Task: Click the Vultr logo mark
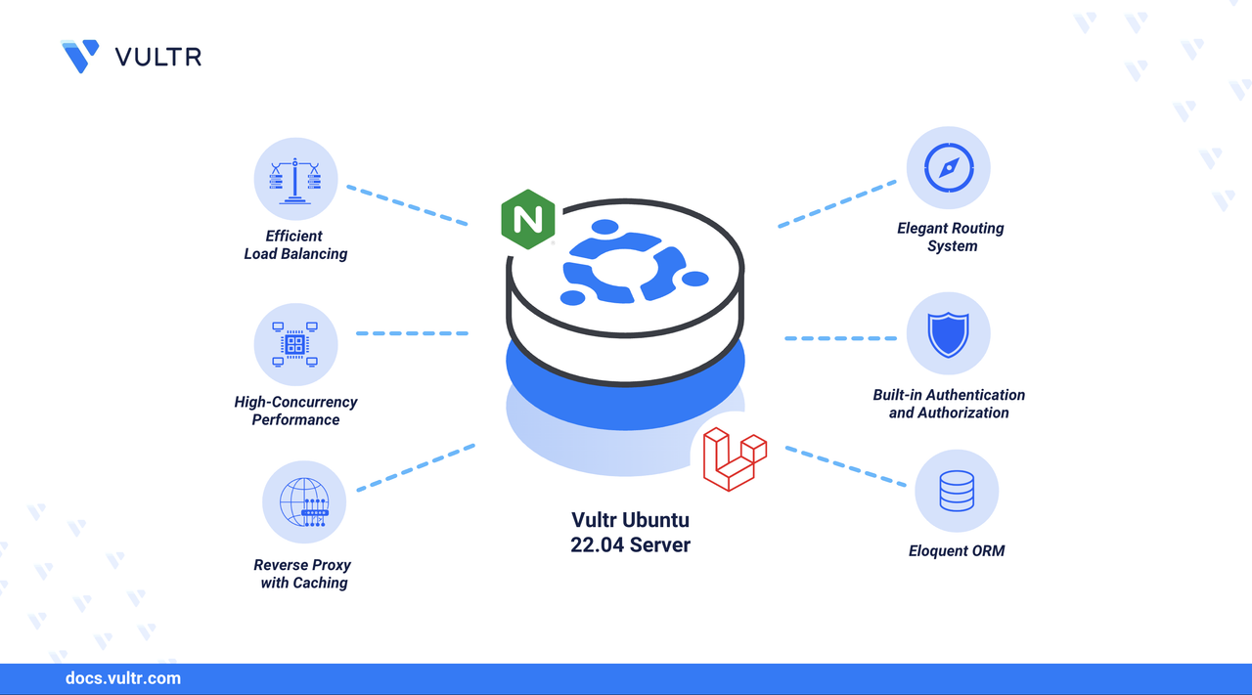tap(80, 56)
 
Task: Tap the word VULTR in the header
tap(158, 57)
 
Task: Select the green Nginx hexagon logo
tap(527, 219)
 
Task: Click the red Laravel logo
tap(735, 457)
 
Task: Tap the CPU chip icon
tap(295, 344)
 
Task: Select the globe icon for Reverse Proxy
tap(304, 502)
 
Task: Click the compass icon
tap(948, 167)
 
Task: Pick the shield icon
tap(948, 333)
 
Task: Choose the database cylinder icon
tap(956, 491)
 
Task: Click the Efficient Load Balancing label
tap(295, 244)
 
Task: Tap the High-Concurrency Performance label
tap(295, 411)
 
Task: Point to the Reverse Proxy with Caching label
tap(303, 574)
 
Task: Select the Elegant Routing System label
tap(951, 237)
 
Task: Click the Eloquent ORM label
tap(956, 551)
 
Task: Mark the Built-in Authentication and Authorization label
tap(949, 404)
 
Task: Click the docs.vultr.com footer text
tap(122, 678)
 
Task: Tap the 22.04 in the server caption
tap(598, 545)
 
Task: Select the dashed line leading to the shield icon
tap(840, 338)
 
